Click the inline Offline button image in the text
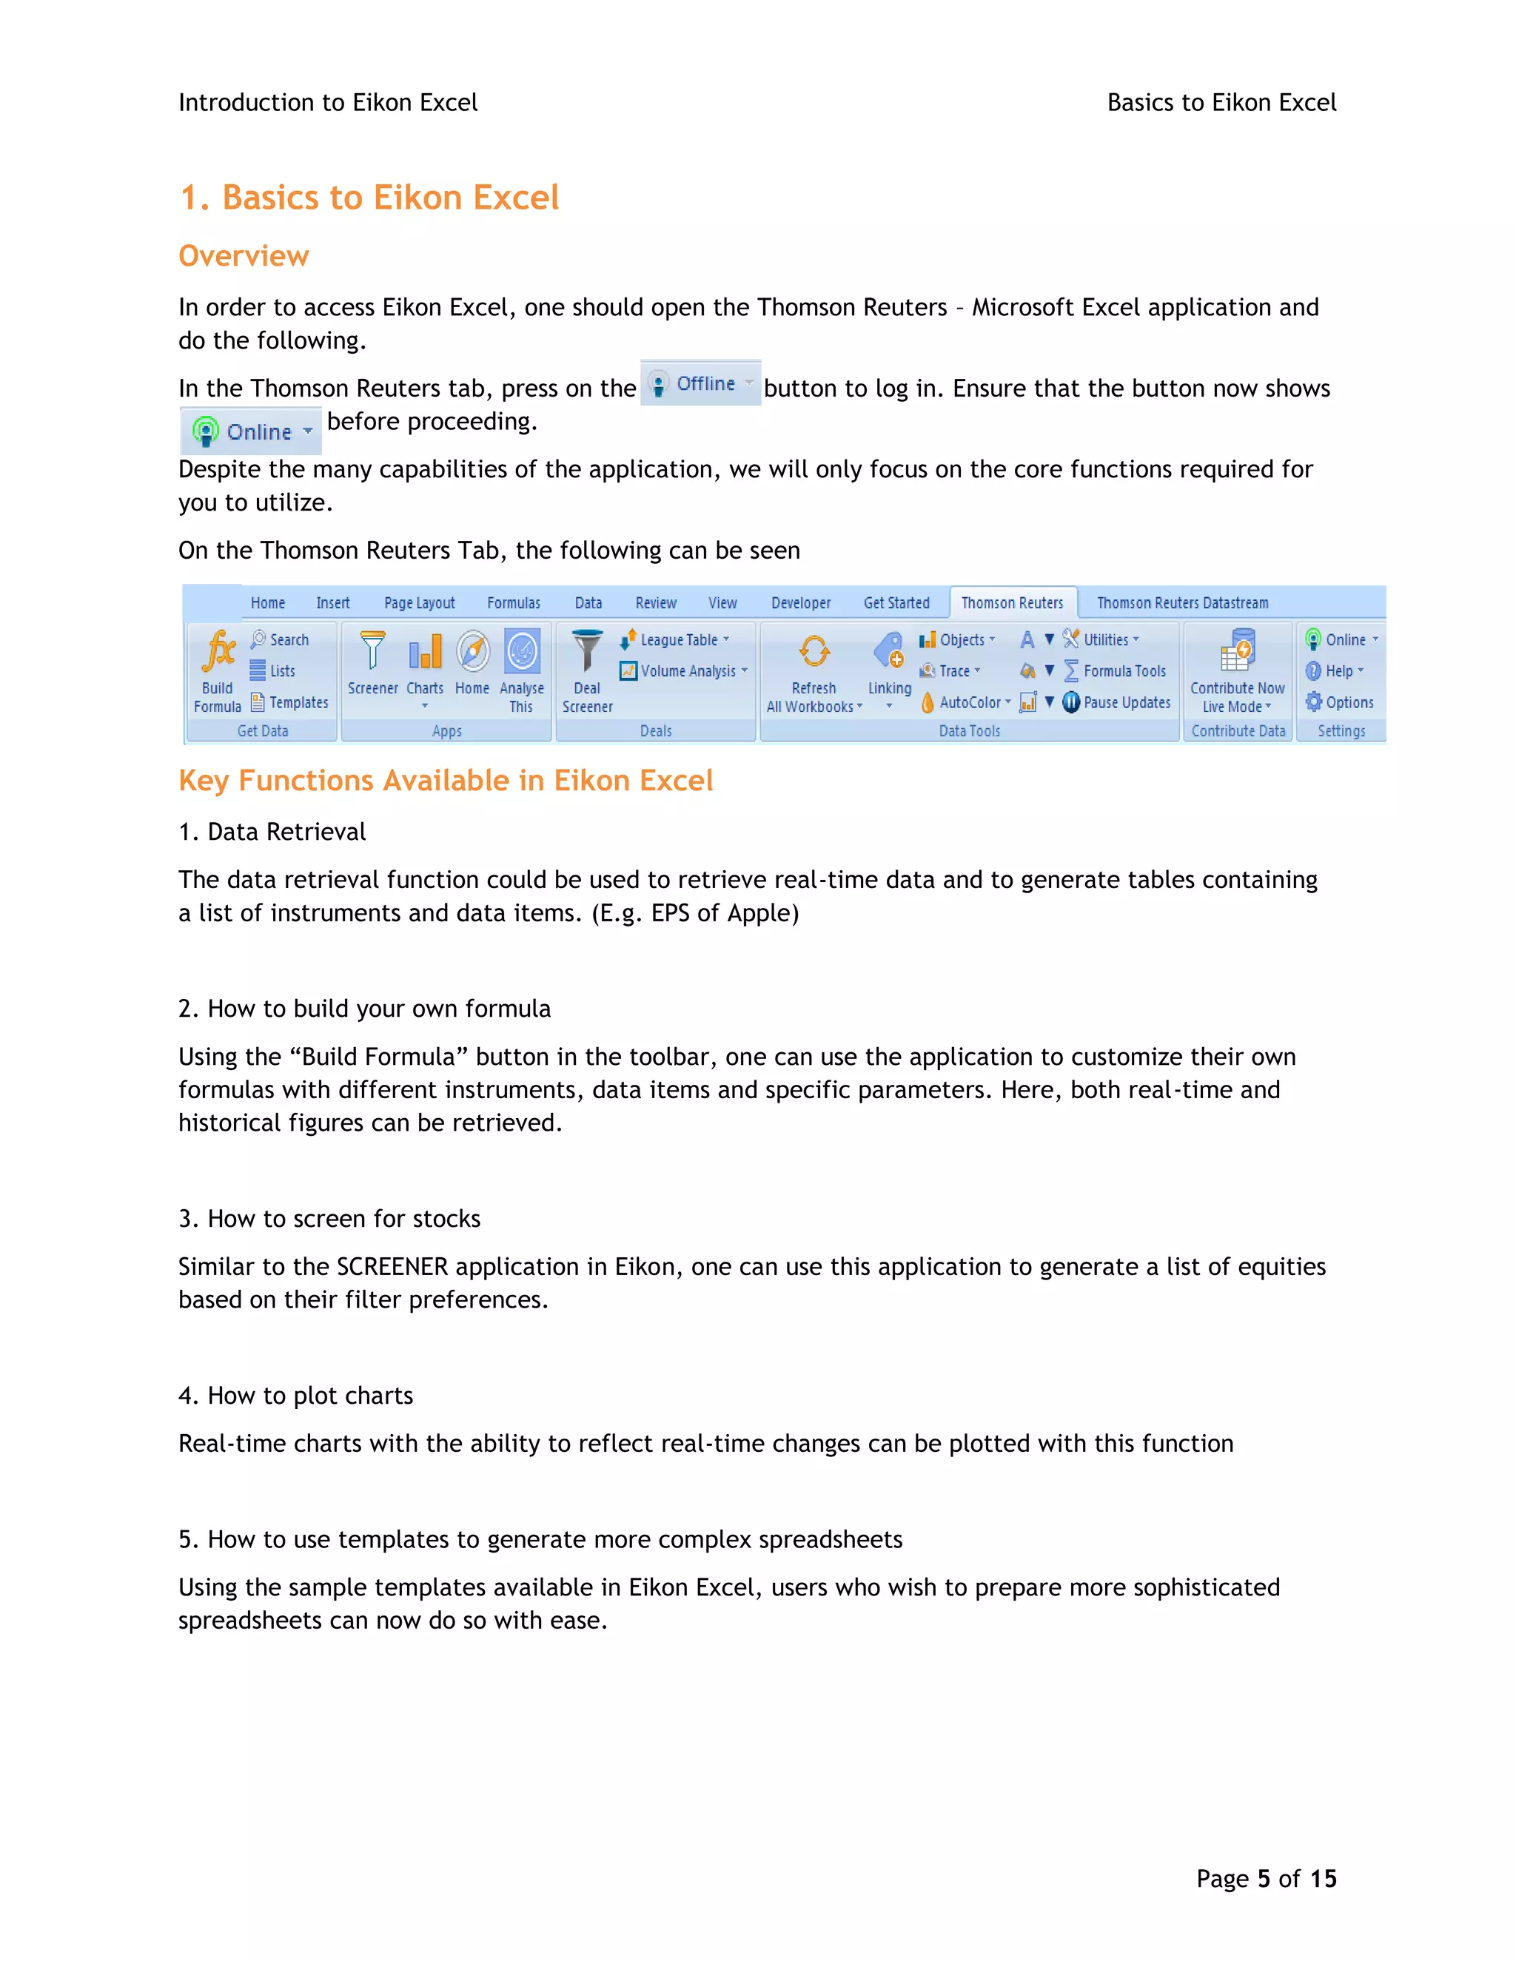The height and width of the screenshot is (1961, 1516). pos(700,384)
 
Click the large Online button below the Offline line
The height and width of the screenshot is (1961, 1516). pos(251,432)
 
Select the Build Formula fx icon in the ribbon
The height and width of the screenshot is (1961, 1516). pos(218,652)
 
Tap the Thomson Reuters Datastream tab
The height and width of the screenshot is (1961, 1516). pos(1182,603)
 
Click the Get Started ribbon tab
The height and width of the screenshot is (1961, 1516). pos(896,603)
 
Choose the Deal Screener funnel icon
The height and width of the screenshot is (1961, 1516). pos(587,652)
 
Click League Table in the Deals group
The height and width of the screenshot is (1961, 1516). pos(678,640)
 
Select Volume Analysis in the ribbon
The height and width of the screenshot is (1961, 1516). pos(687,672)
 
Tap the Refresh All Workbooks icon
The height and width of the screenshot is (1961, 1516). pos(814,652)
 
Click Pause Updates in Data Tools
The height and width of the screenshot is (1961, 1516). pos(1125,703)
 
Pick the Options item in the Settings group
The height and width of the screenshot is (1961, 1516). pos(1348,703)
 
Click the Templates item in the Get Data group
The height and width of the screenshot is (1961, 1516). pos(298,703)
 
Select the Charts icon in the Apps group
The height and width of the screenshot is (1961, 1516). pos(425,652)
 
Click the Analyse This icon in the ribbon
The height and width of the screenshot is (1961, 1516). pos(522,652)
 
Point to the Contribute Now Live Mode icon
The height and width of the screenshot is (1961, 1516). pos(1237,652)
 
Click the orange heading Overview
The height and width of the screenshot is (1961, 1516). pos(244,257)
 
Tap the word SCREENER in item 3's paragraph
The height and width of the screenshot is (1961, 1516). pos(392,1267)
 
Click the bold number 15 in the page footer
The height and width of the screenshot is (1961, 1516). pos(1323,1880)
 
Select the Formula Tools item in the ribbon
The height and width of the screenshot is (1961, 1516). pos(1124,672)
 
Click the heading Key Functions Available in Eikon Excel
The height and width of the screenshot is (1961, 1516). pos(446,781)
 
